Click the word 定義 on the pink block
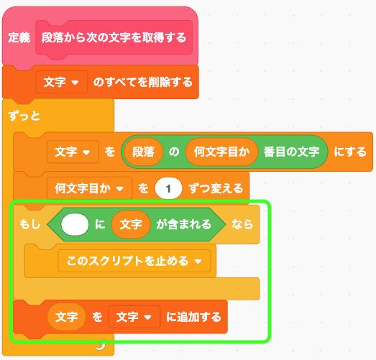(x=19, y=37)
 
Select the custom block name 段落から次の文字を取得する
(x=114, y=37)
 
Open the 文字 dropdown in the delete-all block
(x=61, y=82)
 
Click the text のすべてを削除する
(x=143, y=82)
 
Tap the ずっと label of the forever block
(x=24, y=116)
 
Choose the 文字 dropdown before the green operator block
(x=73, y=152)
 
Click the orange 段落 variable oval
(x=143, y=152)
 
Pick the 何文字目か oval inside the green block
(x=221, y=152)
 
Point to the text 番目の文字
(x=292, y=152)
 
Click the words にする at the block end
(x=350, y=152)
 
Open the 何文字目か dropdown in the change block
(x=90, y=188)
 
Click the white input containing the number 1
(x=168, y=188)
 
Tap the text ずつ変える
(x=216, y=188)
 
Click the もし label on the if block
(x=30, y=224)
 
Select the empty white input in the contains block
(x=75, y=224)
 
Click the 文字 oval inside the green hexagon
(x=131, y=224)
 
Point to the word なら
(x=242, y=224)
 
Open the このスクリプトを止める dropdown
(x=134, y=261)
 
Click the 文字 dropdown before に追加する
(x=134, y=317)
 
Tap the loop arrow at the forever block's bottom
(x=101, y=345)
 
